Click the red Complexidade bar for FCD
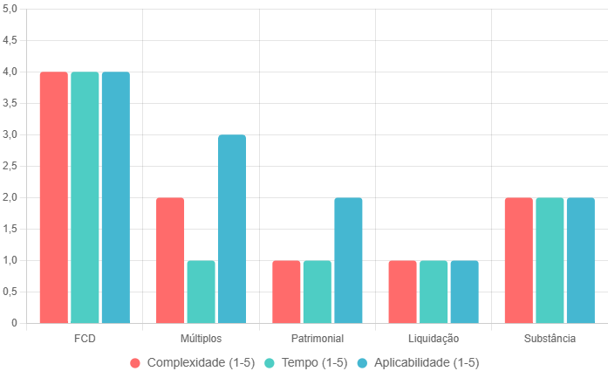tap(54, 197)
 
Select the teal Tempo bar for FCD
tap(85, 197)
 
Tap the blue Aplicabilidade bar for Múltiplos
tap(232, 229)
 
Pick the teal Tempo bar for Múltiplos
tap(201, 292)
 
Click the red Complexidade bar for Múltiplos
tap(170, 260)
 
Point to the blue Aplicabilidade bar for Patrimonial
tap(348, 260)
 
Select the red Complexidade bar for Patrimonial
tap(286, 292)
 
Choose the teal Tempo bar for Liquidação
tap(434, 292)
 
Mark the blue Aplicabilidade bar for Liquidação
tap(464, 292)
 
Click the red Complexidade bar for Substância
tap(518, 260)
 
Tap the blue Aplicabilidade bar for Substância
tap(580, 260)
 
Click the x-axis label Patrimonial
tap(318, 338)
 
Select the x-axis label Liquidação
tap(434, 338)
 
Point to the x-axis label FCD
tap(85, 338)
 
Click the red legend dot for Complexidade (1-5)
tap(135, 362)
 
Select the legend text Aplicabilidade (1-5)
tap(427, 362)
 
